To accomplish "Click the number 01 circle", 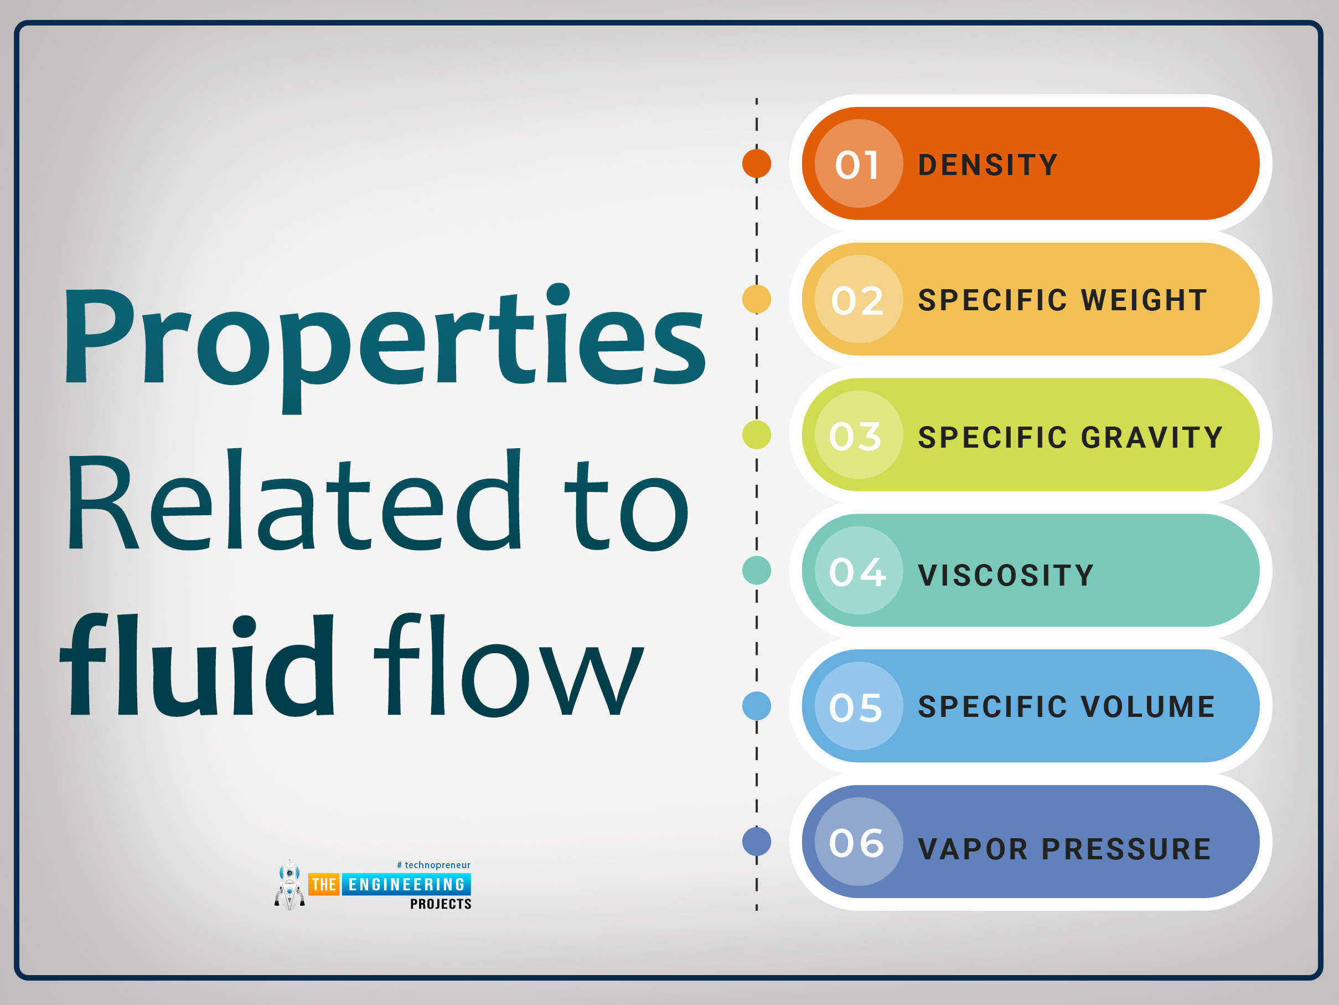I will (859, 163).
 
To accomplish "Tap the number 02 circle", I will (859, 299).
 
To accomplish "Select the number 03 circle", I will (859, 435).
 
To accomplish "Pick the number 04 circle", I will (859, 571).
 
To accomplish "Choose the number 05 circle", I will (859, 706).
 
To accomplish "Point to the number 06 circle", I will (859, 842).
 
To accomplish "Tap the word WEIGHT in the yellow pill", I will (1144, 300).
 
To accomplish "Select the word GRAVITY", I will (1152, 437).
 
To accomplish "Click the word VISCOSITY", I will (1006, 575).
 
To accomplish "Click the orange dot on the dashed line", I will (757, 163).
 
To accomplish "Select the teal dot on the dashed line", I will (757, 571).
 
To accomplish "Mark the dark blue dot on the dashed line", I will (757, 842).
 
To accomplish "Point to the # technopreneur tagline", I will (433, 865).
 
